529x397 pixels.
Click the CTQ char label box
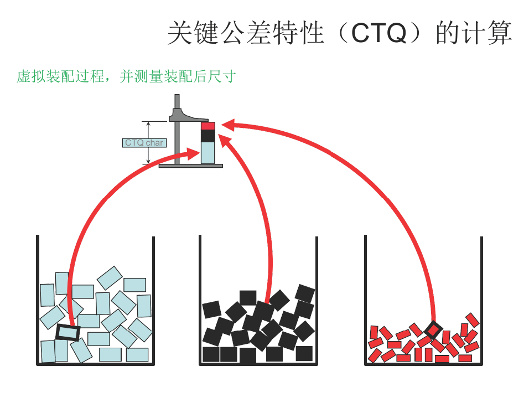point(144,143)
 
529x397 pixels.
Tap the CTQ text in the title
point(379,33)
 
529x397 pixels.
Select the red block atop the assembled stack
point(208,126)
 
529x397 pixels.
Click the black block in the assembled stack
point(208,136)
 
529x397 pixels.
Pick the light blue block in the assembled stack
point(208,153)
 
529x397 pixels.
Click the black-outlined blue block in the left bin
point(68,333)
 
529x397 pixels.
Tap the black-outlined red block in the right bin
point(433,330)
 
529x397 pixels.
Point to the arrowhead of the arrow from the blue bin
point(193,154)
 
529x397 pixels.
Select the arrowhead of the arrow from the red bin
point(228,125)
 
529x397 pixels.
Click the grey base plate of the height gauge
point(190,166)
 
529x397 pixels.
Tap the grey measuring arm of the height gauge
point(189,116)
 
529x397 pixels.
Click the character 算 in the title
point(499,33)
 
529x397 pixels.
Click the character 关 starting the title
point(181,33)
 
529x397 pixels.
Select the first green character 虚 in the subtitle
point(24,76)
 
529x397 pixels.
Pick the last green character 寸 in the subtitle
point(229,76)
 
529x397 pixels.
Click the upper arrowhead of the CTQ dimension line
point(148,124)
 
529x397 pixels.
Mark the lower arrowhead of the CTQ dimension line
point(148,161)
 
